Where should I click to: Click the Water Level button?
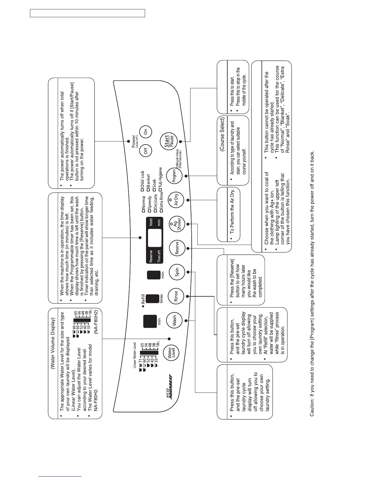(x=171, y=352)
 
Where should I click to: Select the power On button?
(x=145, y=132)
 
